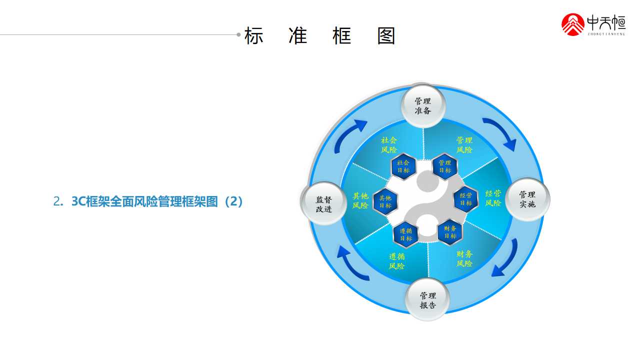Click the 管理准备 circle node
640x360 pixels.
pos(423,106)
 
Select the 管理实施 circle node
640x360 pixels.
pos(527,199)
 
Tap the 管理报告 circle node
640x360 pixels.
pos(427,299)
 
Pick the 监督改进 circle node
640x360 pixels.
pos(323,203)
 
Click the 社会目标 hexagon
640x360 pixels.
pos(403,166)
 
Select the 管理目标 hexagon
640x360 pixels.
pos(445,166)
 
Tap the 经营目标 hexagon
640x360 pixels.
pos(466,199)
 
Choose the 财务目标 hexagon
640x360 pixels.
pos(450,232)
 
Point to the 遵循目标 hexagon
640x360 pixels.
pos(405,234)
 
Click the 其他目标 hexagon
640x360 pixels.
pos(385,201)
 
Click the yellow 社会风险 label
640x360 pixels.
pos(389,145)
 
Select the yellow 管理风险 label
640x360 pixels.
pos(464,145)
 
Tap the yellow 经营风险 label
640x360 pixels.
pos(493,198)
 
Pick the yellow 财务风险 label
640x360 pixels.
pos(464,258)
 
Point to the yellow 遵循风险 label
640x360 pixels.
pos(396,261)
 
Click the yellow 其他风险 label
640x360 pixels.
pos(360,200)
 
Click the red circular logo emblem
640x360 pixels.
pos(572,24)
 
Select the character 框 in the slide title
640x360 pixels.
pos(341,35)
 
